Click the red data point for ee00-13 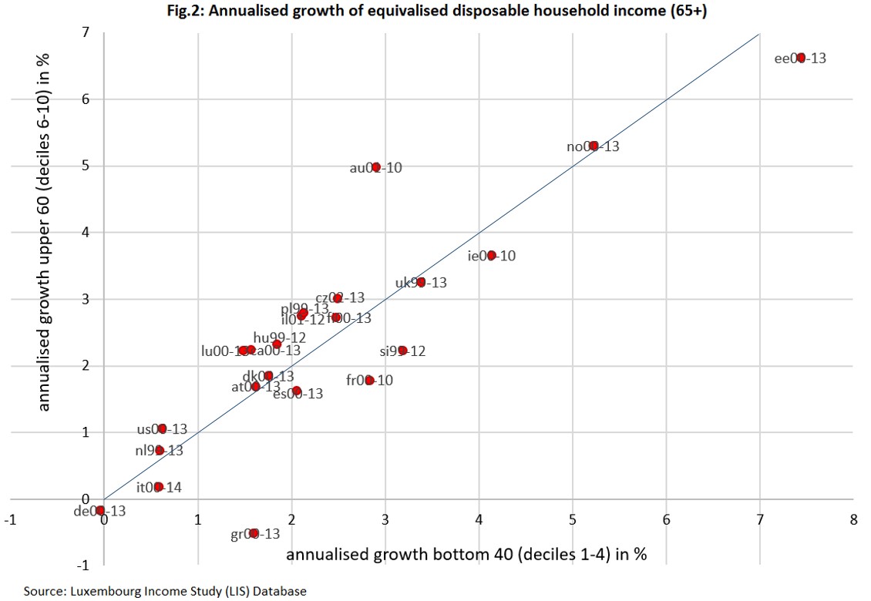801,58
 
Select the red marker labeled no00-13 594,146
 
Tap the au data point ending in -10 376,166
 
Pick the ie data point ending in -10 492,256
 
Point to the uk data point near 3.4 421,282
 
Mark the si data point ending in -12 402,351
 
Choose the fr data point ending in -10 369,380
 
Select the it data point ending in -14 158,487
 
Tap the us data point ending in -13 162,429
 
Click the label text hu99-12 280,337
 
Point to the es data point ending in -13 297,391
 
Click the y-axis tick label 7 86,32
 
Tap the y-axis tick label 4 86,233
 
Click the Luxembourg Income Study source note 164,592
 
